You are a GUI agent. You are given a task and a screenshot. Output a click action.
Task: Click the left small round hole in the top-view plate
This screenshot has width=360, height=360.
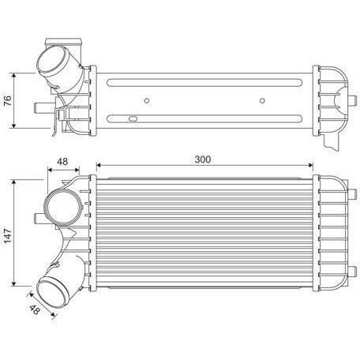click(147, 100)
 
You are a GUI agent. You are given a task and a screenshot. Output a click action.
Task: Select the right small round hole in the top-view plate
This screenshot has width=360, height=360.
click(261, 100)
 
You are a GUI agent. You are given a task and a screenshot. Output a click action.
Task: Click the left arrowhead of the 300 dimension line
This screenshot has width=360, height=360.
click(98, 166)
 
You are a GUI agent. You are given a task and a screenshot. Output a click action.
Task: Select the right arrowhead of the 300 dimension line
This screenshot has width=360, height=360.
click(313, 166)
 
